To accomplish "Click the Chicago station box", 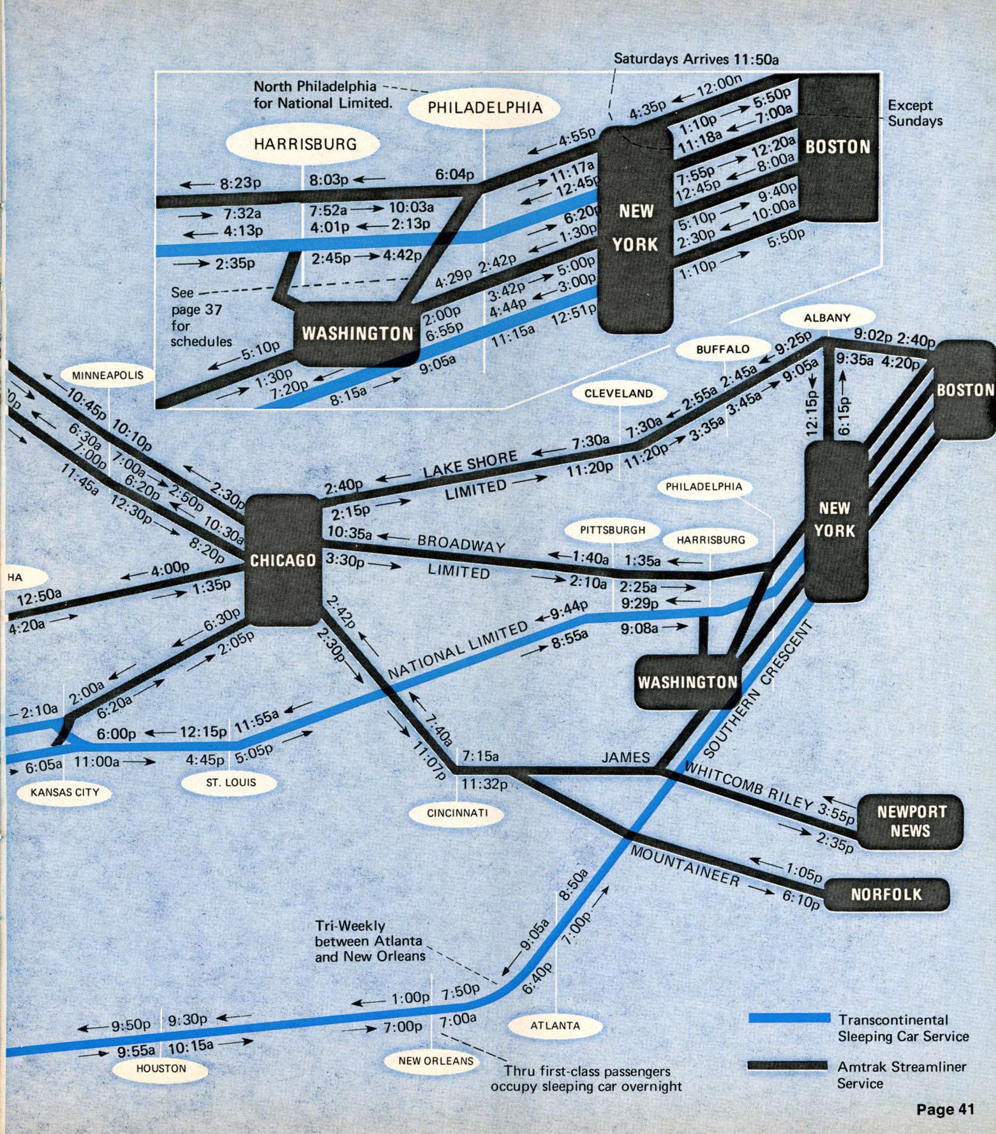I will coord(283,559).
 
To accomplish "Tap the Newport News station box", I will coord(911,821).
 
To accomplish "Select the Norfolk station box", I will coord(886,894).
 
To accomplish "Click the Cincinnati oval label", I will coord(457,813).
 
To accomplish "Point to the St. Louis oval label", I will coord(230,782).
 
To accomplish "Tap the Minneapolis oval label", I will coord(108,376).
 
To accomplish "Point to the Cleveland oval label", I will coord(619,393).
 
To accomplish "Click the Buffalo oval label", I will coord(722,349).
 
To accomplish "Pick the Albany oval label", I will coord(827,317).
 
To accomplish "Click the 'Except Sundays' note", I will coord(914,113).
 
